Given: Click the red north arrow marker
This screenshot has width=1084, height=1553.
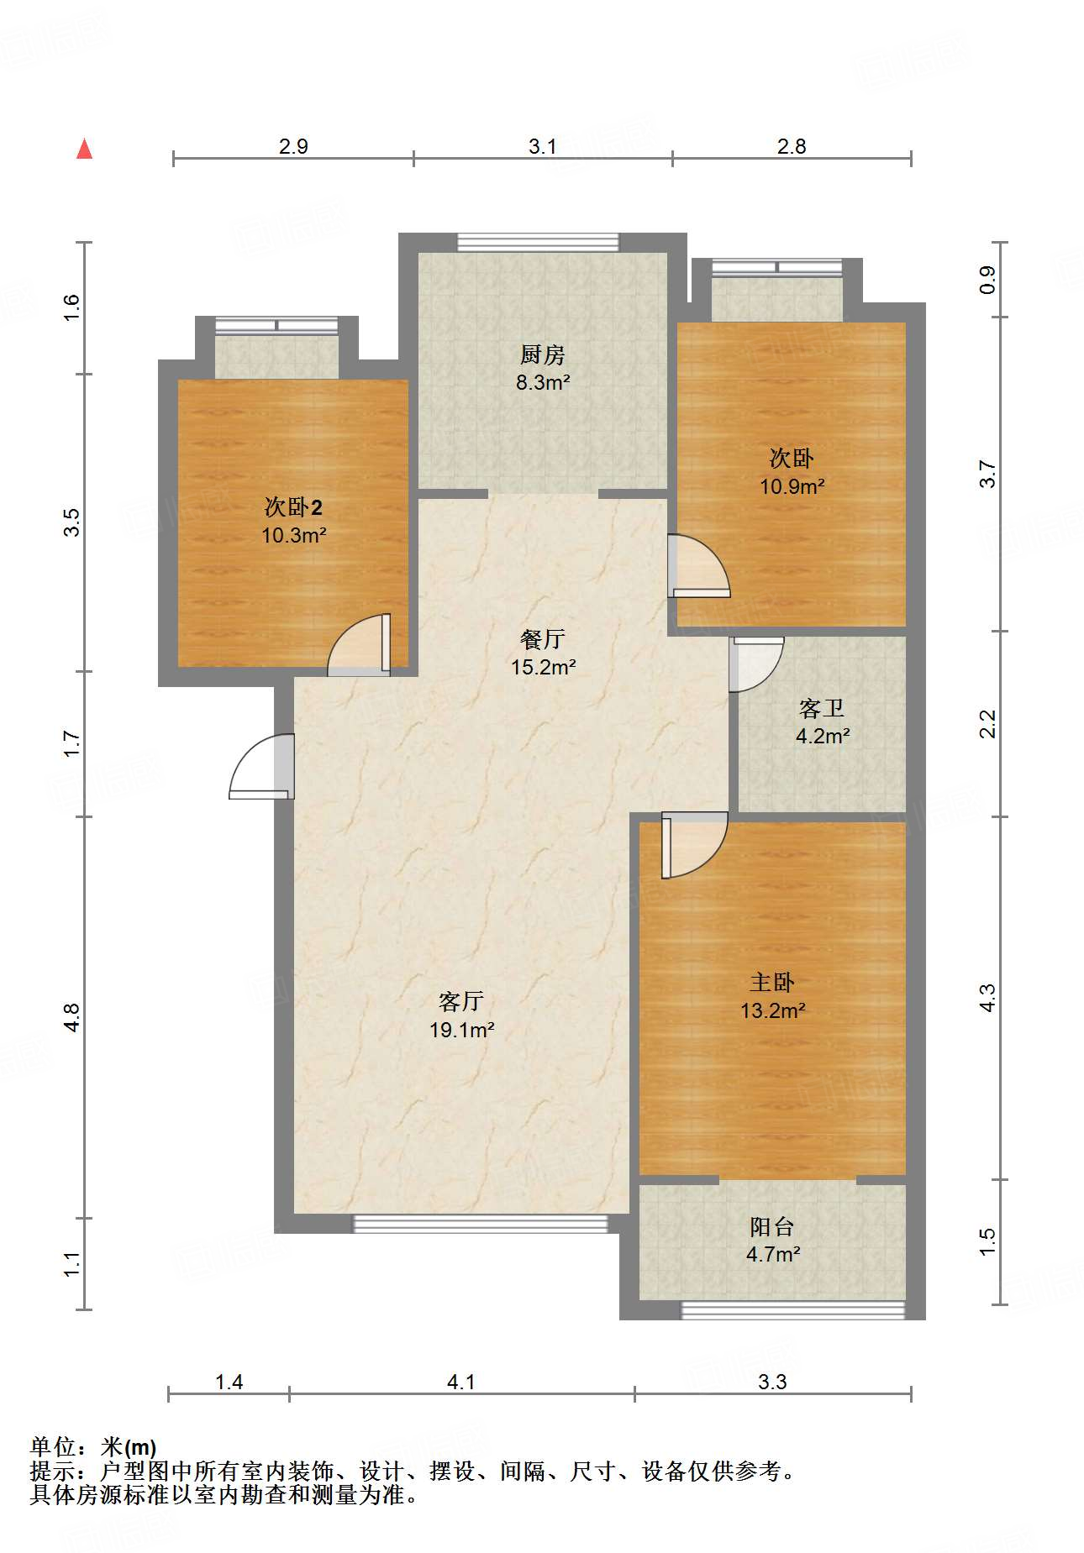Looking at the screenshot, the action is click(x=84, y=149).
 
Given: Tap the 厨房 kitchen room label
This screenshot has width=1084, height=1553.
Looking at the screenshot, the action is click(x=543, y=355).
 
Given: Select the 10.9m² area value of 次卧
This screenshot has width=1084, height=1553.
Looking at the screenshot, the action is click(x=792, y=486).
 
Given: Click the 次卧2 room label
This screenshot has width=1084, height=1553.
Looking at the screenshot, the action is click(x=293, y=507).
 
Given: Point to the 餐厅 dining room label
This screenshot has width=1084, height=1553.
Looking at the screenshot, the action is click(x=543, y=639).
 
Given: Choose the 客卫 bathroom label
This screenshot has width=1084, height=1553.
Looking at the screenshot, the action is click(x=822, y=709).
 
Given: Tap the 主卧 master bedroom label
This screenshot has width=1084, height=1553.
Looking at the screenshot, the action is click(x=772, y=983).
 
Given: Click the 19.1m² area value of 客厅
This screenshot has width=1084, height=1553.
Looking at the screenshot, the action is click(x=462, y=1030).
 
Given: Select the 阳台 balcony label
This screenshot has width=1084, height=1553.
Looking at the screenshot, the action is click(x=772, y=1227).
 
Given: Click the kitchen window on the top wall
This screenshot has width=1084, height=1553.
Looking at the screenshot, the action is click(x=538, y=243).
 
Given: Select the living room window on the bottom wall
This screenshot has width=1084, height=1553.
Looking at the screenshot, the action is click(x=480, y=1224).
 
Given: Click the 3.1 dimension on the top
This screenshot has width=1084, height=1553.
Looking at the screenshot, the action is click(x=543, y=147).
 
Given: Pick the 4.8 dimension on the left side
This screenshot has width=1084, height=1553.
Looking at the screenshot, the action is click(x=72, y=1017).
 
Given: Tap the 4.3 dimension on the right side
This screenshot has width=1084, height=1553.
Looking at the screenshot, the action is click(x=987, y=998).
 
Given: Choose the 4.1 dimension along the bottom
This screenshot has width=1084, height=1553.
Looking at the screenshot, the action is click(x=461, y=1382).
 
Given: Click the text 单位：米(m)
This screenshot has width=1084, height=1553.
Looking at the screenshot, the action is click(x=93, y=1446).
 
